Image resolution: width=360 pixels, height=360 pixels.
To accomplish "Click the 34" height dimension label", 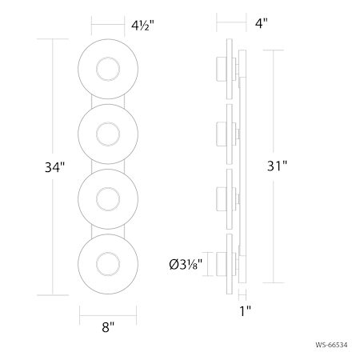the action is coord(54,167).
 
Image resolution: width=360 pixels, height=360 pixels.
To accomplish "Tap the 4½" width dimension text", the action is coord(142,26).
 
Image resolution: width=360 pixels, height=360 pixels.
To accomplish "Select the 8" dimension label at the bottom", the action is coord(108,327).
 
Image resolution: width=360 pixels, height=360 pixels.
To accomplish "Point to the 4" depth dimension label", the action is coord(262,23).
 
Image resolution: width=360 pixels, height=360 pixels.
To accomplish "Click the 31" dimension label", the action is coord(277,166).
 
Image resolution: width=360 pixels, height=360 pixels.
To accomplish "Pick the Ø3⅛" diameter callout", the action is coord(186,264).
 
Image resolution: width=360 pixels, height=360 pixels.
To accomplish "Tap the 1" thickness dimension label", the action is coord(245,311).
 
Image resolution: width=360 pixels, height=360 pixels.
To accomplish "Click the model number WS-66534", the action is coord(332,345).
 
